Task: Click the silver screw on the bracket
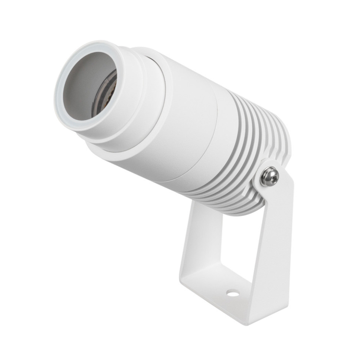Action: (269, 176)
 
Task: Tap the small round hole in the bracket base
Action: (233, 294)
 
